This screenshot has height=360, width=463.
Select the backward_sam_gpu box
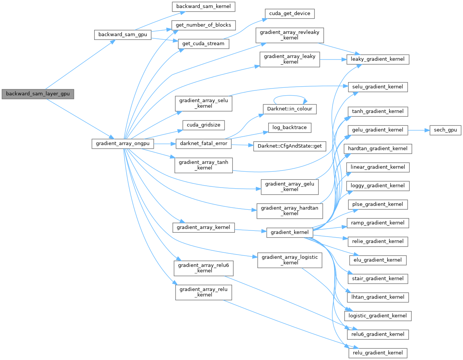click(122, 35)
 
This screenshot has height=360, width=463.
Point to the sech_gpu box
click(445, 130)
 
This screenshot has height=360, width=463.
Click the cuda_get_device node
click(290, 14)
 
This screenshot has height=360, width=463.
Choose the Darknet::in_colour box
click(290, 109)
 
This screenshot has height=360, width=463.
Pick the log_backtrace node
click(290, 128)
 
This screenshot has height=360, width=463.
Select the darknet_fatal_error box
click(203, 144)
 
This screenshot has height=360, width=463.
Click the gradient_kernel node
click(290, 232)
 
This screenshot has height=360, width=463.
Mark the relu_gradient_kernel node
click(378, 353)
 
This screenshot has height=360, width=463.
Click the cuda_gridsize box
click(203, 124)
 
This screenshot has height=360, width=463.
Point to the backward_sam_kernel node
click(203, 6)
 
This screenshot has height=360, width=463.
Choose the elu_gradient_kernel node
click(378, 260)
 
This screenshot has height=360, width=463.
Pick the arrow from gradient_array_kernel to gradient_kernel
click(250, 230)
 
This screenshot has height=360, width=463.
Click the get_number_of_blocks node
click(203, 25)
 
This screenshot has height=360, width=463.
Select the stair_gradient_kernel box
click(378, 279)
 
